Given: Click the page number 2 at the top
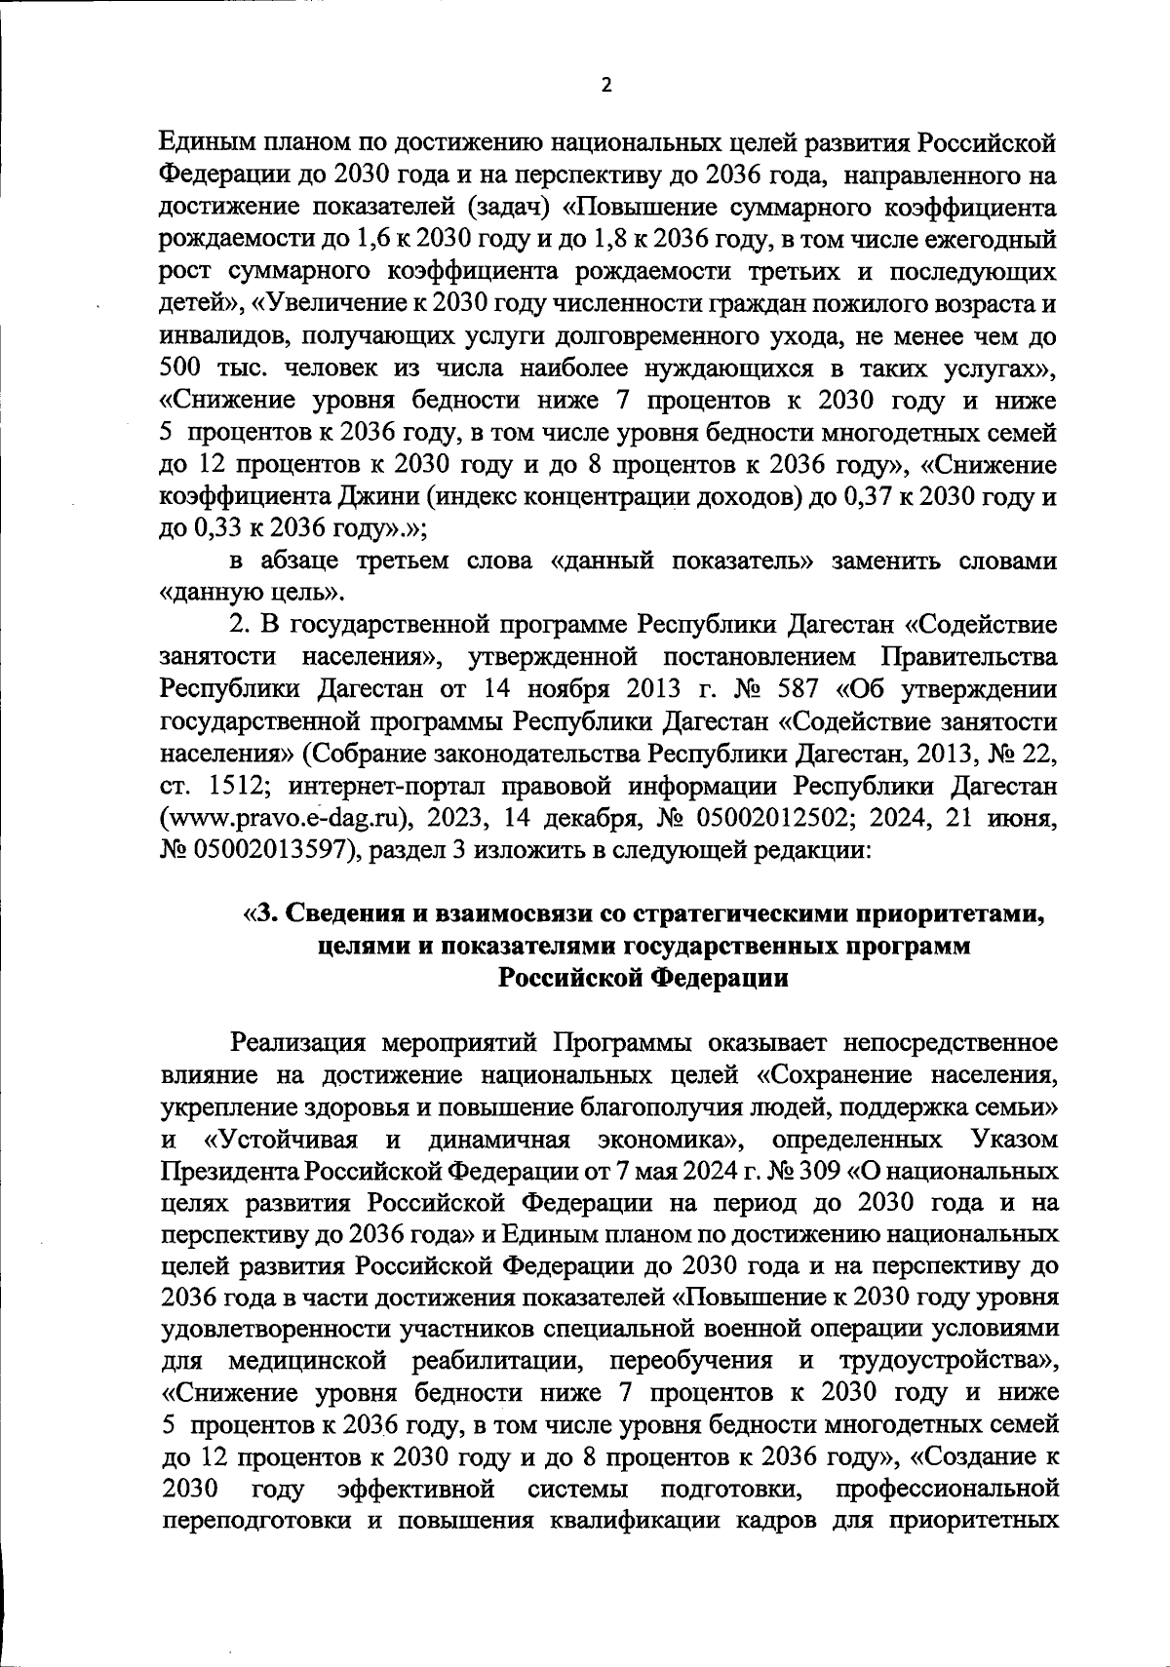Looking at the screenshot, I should click(x=605, y=85).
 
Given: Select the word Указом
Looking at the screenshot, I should click(x=1015, y=1140).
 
